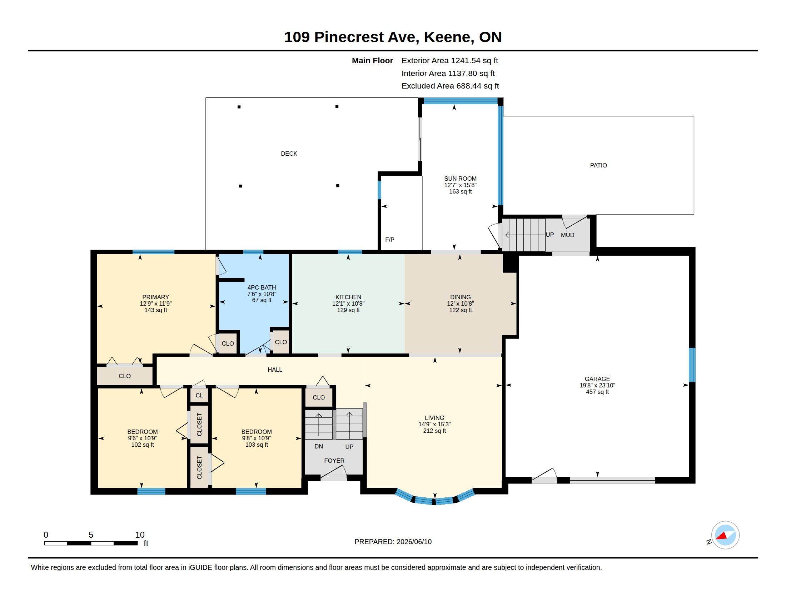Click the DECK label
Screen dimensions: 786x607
pyautogui.click(x=289, y=154)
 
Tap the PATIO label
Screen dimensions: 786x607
pyautogui.click(x=598, y=165)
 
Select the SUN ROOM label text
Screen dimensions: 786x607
pyautogui.click(x=460, y=179)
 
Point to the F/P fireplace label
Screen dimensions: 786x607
pyautogui.click(x=390, y=240)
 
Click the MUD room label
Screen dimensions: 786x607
pyautogui.click(x=568, y=235)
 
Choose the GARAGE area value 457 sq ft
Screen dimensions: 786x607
pyautogui.click(x=597, y=392)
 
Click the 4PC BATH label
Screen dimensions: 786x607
pyautogui.click(x=262, y=287)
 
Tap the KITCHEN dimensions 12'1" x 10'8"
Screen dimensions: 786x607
pyautogui.click(x=348, y=303)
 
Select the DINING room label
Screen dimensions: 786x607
pyautogui.click(x=460, y=297)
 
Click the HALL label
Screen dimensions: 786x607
pyautogui.click(x=275, y=370)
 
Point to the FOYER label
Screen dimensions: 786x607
pyautogui.click(x=334, y=461)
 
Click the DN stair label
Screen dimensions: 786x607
pyautogui.click(x=318, y=447)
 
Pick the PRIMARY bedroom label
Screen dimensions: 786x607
pyautogui.click(x=155, y=297)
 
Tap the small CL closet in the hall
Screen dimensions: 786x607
pyautogui.click(x=199, y=395)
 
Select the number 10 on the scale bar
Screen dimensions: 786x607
pyautogui.click(x=140, y=535)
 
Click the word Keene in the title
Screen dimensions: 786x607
pyautogui.click(x=447, y=37)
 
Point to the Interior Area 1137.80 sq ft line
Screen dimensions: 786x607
pyautogui.click(x=448, y=73)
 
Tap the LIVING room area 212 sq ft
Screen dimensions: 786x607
pyautogui.click(x=434, y=431)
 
